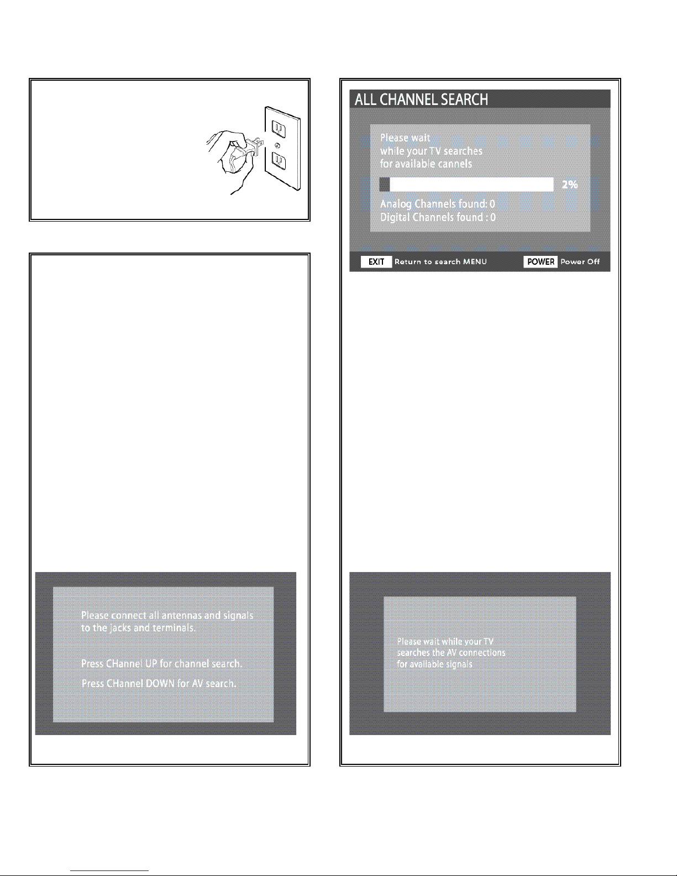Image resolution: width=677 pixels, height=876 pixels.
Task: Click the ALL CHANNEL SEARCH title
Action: coord(421,99)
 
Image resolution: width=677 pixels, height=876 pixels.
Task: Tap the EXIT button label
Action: coord(376,261)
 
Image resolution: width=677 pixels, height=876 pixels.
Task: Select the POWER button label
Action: coord(540,261)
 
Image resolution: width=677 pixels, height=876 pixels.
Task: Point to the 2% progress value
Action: coord(570,185)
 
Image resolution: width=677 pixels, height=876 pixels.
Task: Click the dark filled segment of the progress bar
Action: coord(385,185)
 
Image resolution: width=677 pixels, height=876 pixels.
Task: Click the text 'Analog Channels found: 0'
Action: coord(438,204)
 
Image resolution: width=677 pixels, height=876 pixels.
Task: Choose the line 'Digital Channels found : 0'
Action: coord(438,217)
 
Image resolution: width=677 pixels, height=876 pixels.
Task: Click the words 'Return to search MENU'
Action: coord(440,261)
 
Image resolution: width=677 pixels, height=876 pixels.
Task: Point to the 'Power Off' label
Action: coord(580,261)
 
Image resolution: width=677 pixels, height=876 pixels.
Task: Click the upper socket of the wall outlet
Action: coord(279,129)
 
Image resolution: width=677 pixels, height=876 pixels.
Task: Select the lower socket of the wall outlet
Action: coord(279,161)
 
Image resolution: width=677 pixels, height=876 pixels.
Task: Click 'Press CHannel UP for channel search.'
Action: coord(161,664)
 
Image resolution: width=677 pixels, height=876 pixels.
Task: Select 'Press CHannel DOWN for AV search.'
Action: coord(159,684)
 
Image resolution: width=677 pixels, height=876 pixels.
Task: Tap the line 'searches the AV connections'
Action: coord(451,653)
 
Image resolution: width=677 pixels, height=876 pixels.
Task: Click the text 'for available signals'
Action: coord(434,664)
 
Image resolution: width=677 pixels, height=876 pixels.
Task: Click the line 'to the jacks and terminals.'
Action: coord(138,628)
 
